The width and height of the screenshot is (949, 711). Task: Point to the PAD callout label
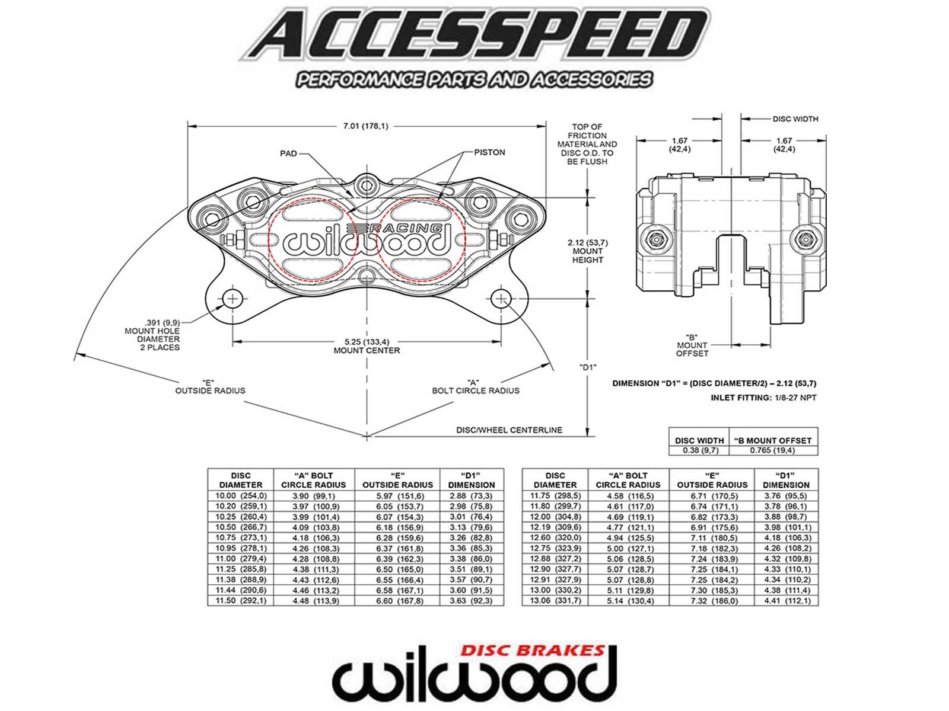pos(288,153)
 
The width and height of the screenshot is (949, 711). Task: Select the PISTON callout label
pos(489,152)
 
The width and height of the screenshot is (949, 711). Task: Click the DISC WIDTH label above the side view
pos(795,119)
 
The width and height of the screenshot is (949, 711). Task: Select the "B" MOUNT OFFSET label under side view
pos(692,345)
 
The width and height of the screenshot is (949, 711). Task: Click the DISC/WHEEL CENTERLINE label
pos(509,430)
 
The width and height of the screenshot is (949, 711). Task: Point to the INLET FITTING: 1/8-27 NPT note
pos(763,398)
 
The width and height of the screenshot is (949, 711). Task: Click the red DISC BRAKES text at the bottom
pos(533,651)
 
